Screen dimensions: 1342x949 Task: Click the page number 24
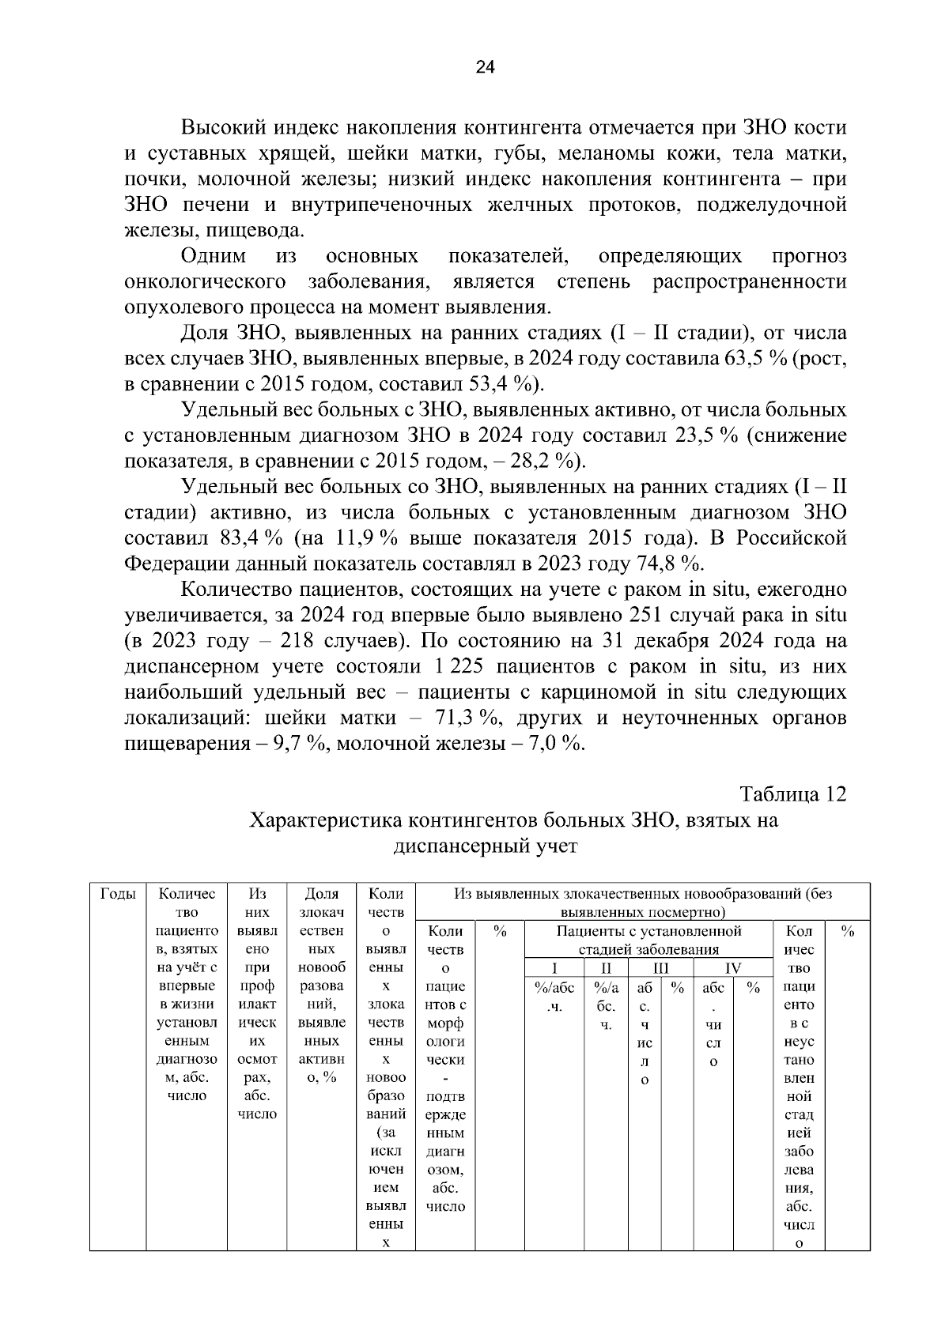click(x=485, y=68)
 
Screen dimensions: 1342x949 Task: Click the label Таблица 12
click(x=792, y=794)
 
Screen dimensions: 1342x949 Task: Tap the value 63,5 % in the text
click(x=751, y=359)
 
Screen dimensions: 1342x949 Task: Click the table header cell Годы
click(x=118, y=894)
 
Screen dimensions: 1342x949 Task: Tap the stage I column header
click(x=554, y=968)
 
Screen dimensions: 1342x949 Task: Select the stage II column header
click(x=606, y=968)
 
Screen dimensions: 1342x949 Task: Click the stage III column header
click(x=660, y=968)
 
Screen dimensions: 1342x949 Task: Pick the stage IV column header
click(x=732, y=968)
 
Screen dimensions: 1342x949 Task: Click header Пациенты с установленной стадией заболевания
click(x=648, y=940)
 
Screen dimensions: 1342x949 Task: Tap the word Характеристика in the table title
click(x=326, y=820)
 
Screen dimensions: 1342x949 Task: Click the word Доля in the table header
click(x=321, y=894)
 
